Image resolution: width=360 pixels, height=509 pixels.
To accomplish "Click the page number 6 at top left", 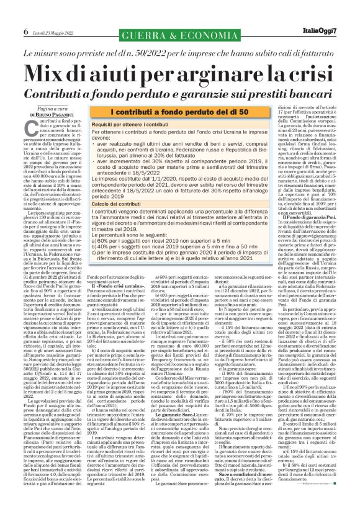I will pos(9,31).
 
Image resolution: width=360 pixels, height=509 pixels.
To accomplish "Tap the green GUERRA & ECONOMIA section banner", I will pos(181,32).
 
